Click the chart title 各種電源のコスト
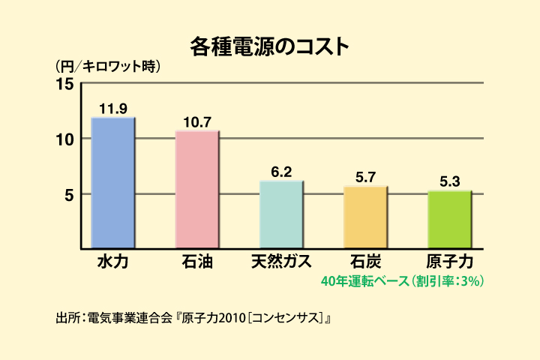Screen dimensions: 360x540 [269, 46]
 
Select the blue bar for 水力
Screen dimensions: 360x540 [112, 182]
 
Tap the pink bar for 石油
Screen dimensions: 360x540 [196, 189]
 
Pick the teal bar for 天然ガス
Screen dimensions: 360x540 [281, 214]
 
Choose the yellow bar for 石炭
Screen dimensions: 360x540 [365, 217]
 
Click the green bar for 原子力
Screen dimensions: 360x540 [450, 219]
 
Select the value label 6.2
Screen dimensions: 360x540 [281, 172]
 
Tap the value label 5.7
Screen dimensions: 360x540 [365, 178]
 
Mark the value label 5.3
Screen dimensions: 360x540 [450, 181]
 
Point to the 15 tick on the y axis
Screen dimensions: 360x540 [65, 84]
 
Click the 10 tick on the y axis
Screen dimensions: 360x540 [65, 139]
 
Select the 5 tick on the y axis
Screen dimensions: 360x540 [68, 195]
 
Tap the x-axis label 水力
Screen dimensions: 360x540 [112, 262]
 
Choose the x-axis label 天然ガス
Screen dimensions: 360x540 [281, 262]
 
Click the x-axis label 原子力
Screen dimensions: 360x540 [450, 262]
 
